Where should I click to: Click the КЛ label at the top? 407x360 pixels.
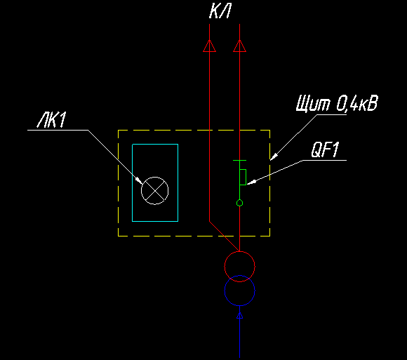(x=220, y=12)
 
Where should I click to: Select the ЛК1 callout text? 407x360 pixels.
(x=52, y=120)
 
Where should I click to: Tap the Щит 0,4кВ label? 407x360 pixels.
(x=337, y=104)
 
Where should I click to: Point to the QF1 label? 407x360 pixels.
(x=325, y=149)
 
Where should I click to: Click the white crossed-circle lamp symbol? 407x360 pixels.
(x=154, y=191)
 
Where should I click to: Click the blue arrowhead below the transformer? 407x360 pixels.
(x=239, y=315)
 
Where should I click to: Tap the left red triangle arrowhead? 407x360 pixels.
(x=210, y=46)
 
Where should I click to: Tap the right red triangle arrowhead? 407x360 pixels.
(x=239, y=46)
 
